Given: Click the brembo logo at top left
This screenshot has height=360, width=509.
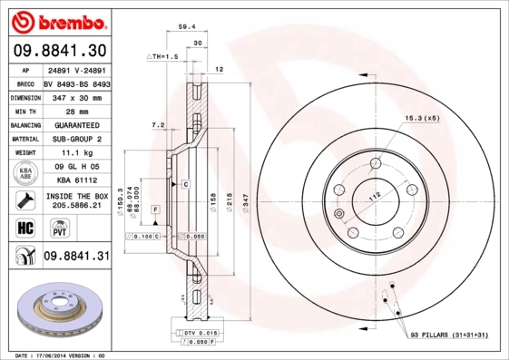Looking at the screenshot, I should (x=56, y=19).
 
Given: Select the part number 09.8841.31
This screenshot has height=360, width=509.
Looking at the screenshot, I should (x=76, y=257).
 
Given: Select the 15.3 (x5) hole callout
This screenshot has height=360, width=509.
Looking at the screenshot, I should (x=422, y=118).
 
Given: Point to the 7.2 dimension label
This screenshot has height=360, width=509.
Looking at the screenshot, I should (x=157, y=124).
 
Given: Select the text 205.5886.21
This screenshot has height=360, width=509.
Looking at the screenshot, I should (x=76, y=205).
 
